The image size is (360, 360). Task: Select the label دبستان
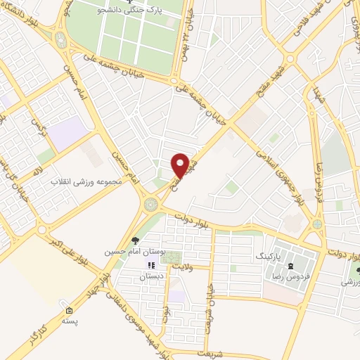[x=152, y=277]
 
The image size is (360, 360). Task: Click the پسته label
[x=69, y=321]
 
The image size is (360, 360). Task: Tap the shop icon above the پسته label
[x=69, y=310]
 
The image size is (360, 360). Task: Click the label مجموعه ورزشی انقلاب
[x=86, y=181]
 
